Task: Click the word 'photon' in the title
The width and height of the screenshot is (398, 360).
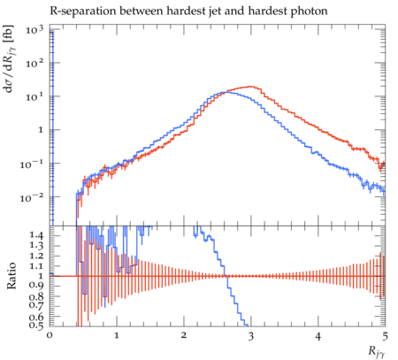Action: [x=309, y=11]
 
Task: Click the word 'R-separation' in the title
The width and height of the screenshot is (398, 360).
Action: [x=82, y=11]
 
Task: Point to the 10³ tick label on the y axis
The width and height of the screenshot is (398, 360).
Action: [x=34, y=30]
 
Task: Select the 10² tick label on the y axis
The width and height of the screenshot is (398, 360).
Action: [x=34, y=63]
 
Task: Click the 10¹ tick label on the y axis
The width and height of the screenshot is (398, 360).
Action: [x=34, y=96]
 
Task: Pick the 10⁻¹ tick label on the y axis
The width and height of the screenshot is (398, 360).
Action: [x=32, y=164]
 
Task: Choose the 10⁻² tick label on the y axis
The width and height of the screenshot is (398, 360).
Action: [x=32, y=197]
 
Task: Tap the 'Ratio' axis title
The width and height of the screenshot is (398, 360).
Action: [x=11, y=276]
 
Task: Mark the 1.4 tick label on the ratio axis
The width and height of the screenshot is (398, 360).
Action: [x=37, y=235]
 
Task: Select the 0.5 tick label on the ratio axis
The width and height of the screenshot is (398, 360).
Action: [x=37, y=326]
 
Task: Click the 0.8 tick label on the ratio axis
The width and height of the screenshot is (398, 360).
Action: [x=37, y=296]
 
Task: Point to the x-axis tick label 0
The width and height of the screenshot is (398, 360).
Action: [x=50, y=335]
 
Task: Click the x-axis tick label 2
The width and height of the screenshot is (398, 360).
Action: [x=184, y=335]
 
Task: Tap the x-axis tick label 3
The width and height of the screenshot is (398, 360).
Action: [x=251, y=335]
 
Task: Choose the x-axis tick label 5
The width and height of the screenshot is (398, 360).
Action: [x=385, y=335]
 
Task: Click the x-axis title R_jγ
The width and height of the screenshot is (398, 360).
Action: [x=377, y=351]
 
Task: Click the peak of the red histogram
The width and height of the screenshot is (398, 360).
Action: [x=251, y=87]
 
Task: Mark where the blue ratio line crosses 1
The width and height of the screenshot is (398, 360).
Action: [x=226, y=276]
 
